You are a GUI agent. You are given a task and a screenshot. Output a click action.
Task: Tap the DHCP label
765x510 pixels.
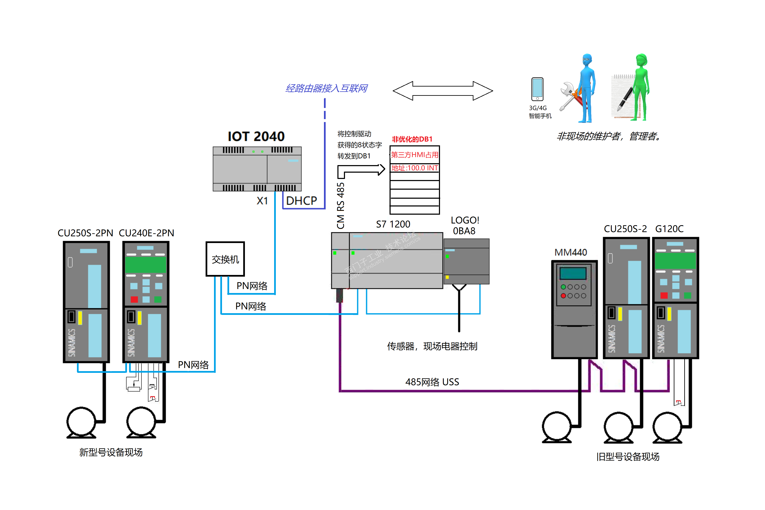pyautogui.click(x=301, y=201)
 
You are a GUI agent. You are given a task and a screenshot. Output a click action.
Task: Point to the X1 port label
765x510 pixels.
pyautogui.click(x=262, y=201)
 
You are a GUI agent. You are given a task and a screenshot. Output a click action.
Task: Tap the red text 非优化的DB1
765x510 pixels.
pyautogui.click(x=412, y=139)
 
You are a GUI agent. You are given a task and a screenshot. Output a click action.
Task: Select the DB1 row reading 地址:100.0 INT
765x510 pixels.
pyautogui.click(x=414, y=168)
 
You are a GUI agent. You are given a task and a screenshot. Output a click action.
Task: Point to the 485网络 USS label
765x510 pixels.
pyautogui.click(x=432, y=382)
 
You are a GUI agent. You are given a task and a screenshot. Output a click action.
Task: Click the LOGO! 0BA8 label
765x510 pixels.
pyautogui.click(x=465, y=225)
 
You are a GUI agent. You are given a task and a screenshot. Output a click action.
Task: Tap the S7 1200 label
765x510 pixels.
pyautogui.click(x=393, y=224)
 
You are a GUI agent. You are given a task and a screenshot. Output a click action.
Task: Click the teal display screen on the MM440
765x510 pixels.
pyautogui.click(x=573, y=273)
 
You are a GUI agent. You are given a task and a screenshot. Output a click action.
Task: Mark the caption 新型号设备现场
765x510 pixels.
pyautogui.click(x=111, y=452)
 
